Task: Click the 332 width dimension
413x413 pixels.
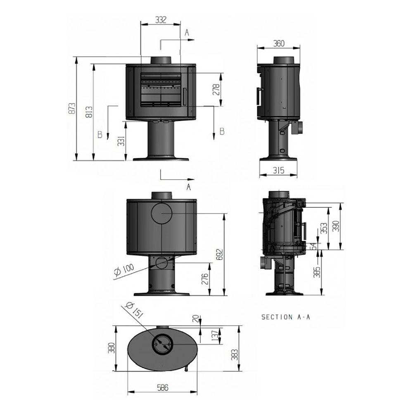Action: (x=160, y=20)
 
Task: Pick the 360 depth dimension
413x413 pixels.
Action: (x=279, y=44)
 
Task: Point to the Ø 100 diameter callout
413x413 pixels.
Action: (x=123, y=269)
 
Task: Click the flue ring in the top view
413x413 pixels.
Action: (x=163, y=342)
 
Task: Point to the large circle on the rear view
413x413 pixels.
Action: (x=163, y=213)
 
